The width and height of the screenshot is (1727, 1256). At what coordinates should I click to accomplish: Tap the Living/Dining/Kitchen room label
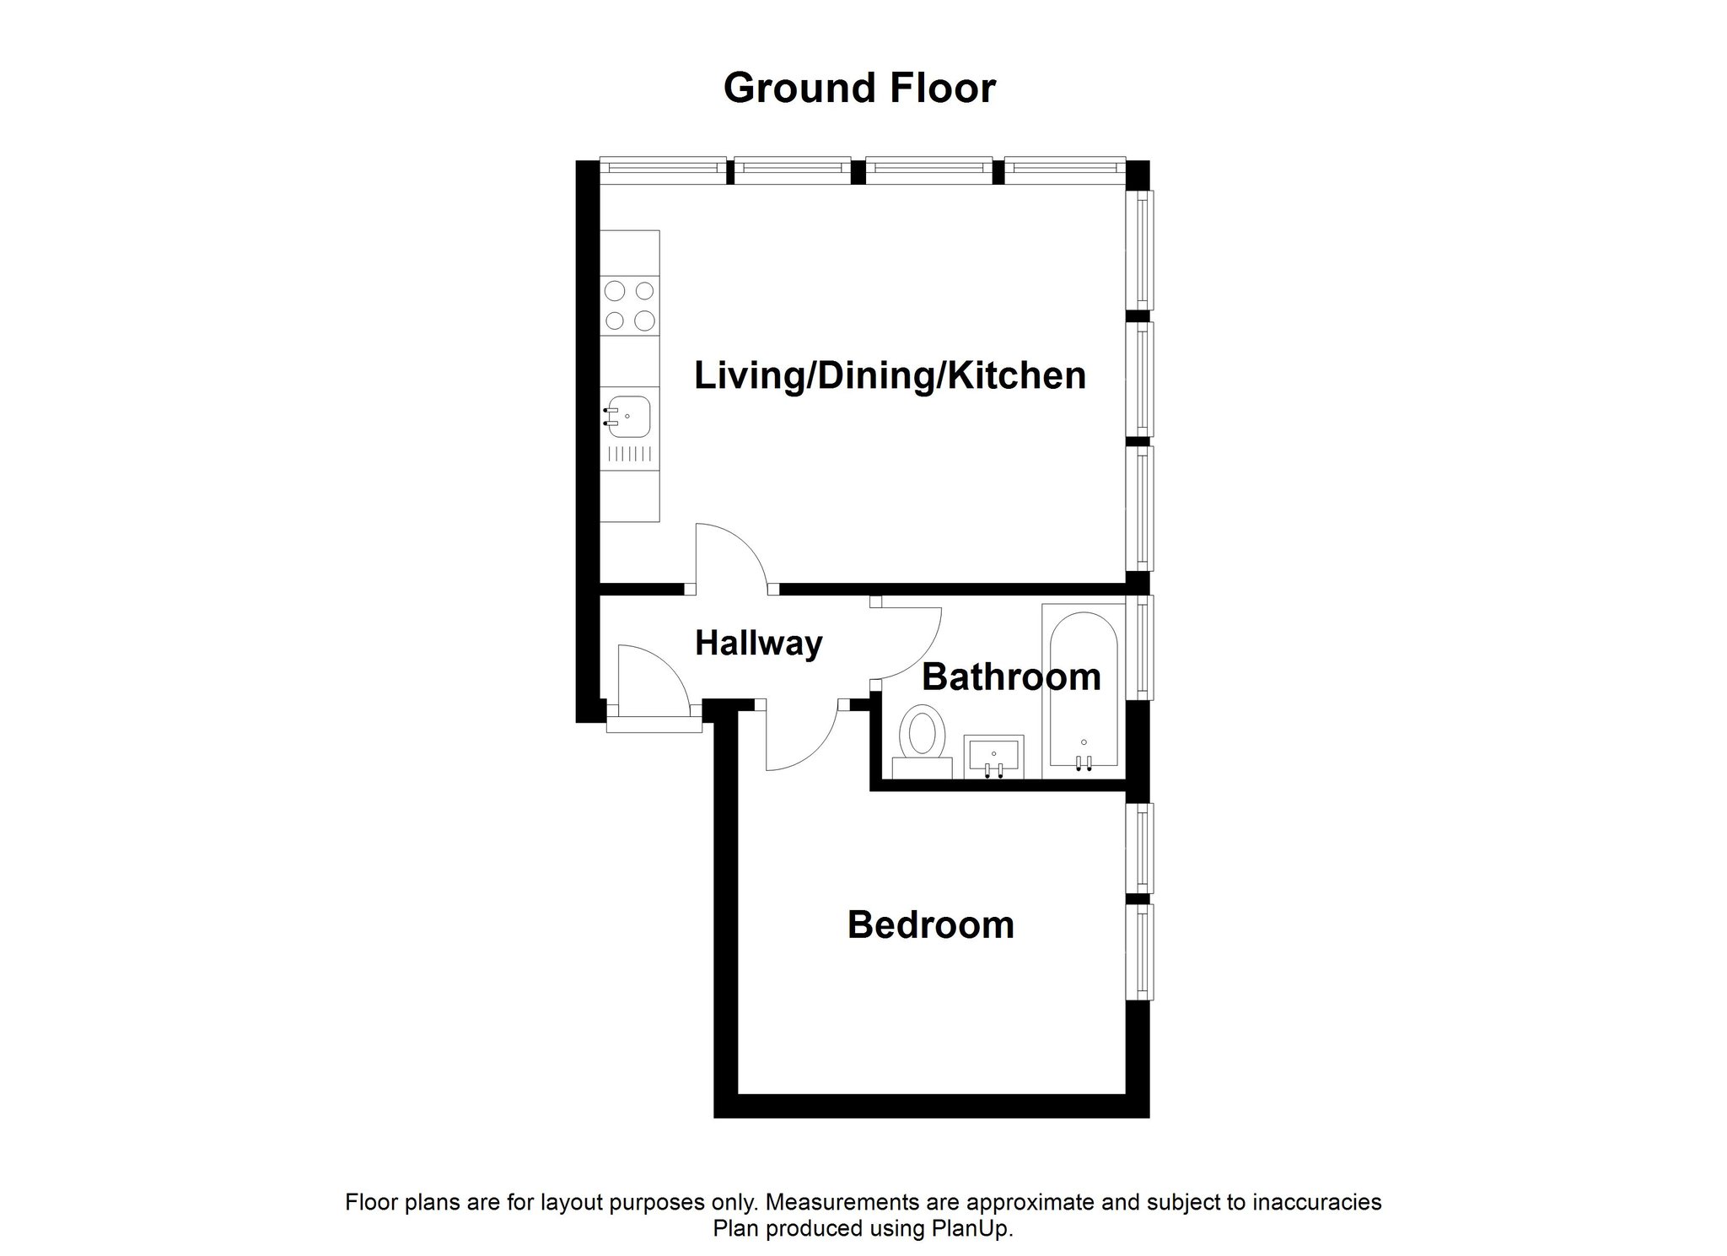(x=890, y=375)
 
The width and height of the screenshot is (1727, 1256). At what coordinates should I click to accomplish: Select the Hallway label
(x=758, y=644)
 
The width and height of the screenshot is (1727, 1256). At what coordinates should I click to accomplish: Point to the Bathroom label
(x=1011, y=677)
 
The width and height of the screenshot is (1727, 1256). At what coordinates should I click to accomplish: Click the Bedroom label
(x=930, y=924)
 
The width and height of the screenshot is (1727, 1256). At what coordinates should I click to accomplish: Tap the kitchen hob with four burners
(x=630, y=305)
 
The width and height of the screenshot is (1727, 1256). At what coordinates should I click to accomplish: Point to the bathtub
(x=1084, y=690)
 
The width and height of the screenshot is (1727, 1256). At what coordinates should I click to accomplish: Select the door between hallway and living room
(x=729, y=557)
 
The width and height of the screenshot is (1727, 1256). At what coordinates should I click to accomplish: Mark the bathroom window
(x=1143, y=647)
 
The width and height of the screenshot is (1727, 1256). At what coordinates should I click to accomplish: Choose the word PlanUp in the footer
(x=977, y=1228)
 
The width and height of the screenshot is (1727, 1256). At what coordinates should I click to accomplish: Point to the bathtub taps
(x=1084, y=762)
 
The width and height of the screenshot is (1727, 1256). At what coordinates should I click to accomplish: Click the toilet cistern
(x=921, y=768)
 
